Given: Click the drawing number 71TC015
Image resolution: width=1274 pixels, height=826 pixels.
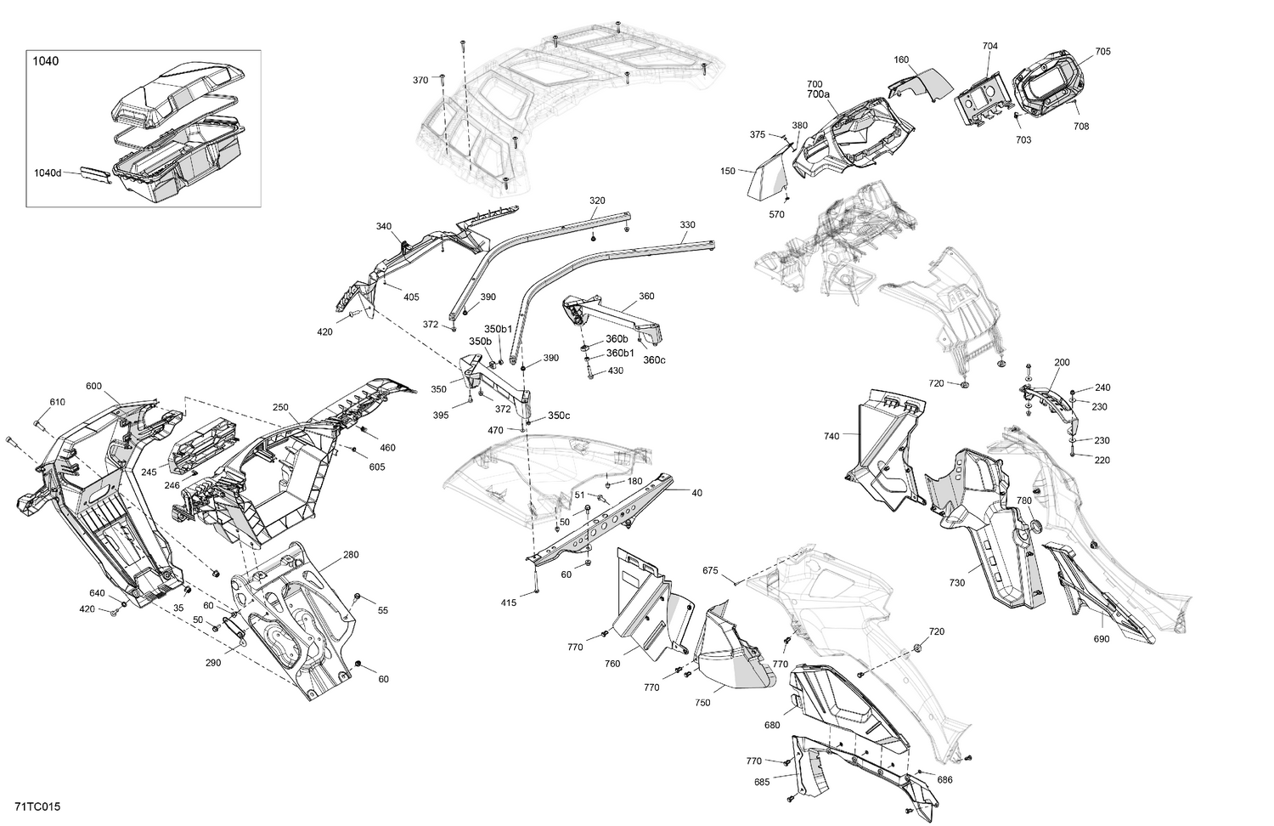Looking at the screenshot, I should pos(37,806).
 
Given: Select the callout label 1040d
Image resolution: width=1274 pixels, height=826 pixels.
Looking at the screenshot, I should pos(48,173).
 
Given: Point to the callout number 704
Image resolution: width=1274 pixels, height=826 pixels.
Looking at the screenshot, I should pos(990,46).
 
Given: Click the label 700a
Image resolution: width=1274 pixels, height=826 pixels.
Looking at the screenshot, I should pos(818,94).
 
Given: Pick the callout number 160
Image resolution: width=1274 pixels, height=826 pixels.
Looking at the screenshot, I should pos(901,60).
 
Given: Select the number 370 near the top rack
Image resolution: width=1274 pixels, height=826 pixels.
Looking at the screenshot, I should pos(420,80).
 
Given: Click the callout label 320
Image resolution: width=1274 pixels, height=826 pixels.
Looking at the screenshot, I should pos(597,201).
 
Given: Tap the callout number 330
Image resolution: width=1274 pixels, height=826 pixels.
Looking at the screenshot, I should pos(687,225).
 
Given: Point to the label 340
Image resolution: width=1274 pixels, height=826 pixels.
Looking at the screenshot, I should pos(384,227).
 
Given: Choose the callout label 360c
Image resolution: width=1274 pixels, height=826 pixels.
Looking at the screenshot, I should pos(654,359).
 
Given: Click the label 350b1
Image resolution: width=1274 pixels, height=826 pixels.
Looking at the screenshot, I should pos(499,329).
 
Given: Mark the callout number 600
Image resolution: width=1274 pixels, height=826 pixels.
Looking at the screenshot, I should pos(93,386).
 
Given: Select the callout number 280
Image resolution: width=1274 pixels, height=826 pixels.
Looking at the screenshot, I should pos(351,555).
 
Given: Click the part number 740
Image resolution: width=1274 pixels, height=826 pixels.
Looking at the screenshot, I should pos(831,436).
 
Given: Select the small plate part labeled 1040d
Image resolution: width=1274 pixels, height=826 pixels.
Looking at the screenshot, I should pos(95,174).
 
